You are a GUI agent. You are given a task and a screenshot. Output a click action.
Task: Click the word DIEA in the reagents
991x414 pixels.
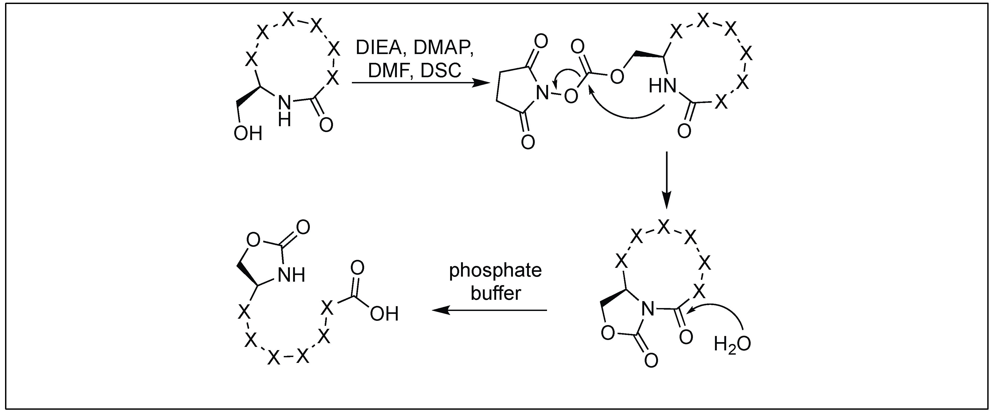tap(381, 48)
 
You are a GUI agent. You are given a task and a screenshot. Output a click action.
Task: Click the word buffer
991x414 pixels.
tap(496, 293)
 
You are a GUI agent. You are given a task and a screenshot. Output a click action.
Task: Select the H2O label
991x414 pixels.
tap(732, 344)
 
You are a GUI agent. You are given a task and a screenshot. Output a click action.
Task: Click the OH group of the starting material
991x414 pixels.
tap(248, 133)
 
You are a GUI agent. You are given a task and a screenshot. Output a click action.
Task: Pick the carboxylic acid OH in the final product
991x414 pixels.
tap(384, 314)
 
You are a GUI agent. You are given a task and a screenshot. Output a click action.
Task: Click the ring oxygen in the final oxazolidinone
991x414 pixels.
tap(253, 240)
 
